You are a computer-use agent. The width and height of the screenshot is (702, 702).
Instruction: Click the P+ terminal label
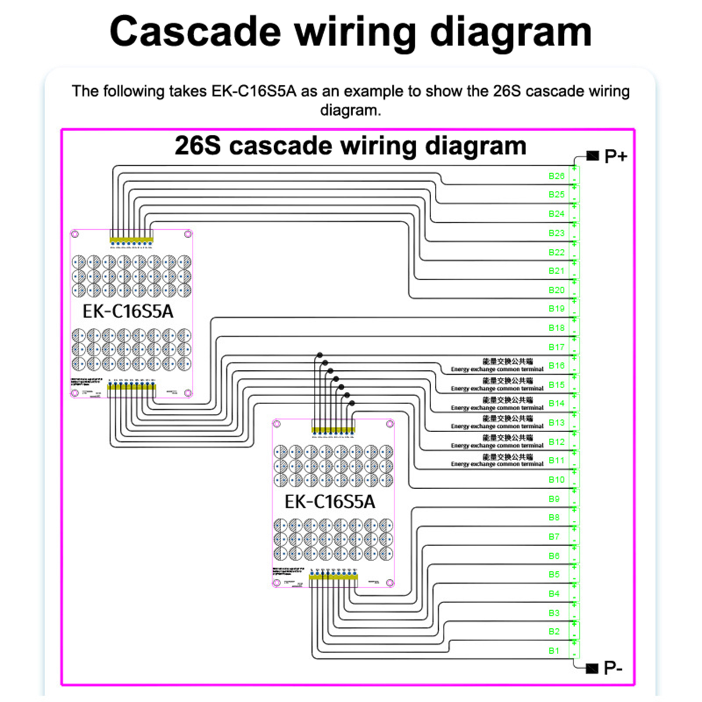(x=616, y=157)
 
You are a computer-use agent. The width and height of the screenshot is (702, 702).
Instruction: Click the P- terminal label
(x=613, y=668)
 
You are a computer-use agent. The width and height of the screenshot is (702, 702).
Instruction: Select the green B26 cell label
(x=556, y=176)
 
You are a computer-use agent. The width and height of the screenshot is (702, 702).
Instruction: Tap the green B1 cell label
(x=554, y=651)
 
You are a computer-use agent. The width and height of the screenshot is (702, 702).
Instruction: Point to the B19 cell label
(x=556, y=309)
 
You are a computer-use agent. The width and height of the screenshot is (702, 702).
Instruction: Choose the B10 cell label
(x=556, y=480)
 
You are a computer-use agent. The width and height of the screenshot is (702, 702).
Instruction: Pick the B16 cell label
(x=556, y=366)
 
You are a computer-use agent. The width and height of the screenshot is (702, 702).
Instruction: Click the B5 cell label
(x=554, y=575)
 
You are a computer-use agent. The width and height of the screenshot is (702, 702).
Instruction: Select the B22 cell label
(x=556, y=253)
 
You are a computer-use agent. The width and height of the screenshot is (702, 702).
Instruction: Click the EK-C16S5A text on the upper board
(x=128, y=312)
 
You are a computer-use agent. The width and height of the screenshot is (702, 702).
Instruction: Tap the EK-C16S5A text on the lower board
(x=330, y=502)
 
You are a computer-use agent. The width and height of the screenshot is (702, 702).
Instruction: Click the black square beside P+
(x=593, y=156)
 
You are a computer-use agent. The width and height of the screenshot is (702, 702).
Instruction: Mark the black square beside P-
(x=592, y=668)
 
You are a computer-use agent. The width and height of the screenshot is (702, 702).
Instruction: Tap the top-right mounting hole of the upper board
(x=188, y=234)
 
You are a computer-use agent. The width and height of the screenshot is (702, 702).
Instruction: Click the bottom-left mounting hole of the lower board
(x=277, y=583)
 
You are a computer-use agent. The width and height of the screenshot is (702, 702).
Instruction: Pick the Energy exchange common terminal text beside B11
(x=497, y=464)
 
